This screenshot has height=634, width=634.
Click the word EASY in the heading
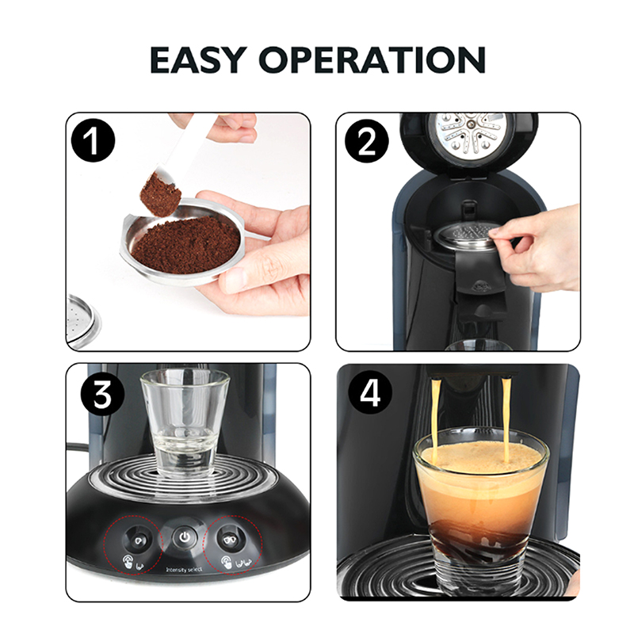199,60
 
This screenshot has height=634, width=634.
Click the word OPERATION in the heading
372,60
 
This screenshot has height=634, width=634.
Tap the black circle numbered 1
93,140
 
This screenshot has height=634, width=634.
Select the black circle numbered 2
366,142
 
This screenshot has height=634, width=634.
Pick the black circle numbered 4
370,392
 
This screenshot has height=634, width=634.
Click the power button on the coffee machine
185,537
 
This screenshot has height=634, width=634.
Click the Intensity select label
184,570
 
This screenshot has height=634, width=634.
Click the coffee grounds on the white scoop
161,194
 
